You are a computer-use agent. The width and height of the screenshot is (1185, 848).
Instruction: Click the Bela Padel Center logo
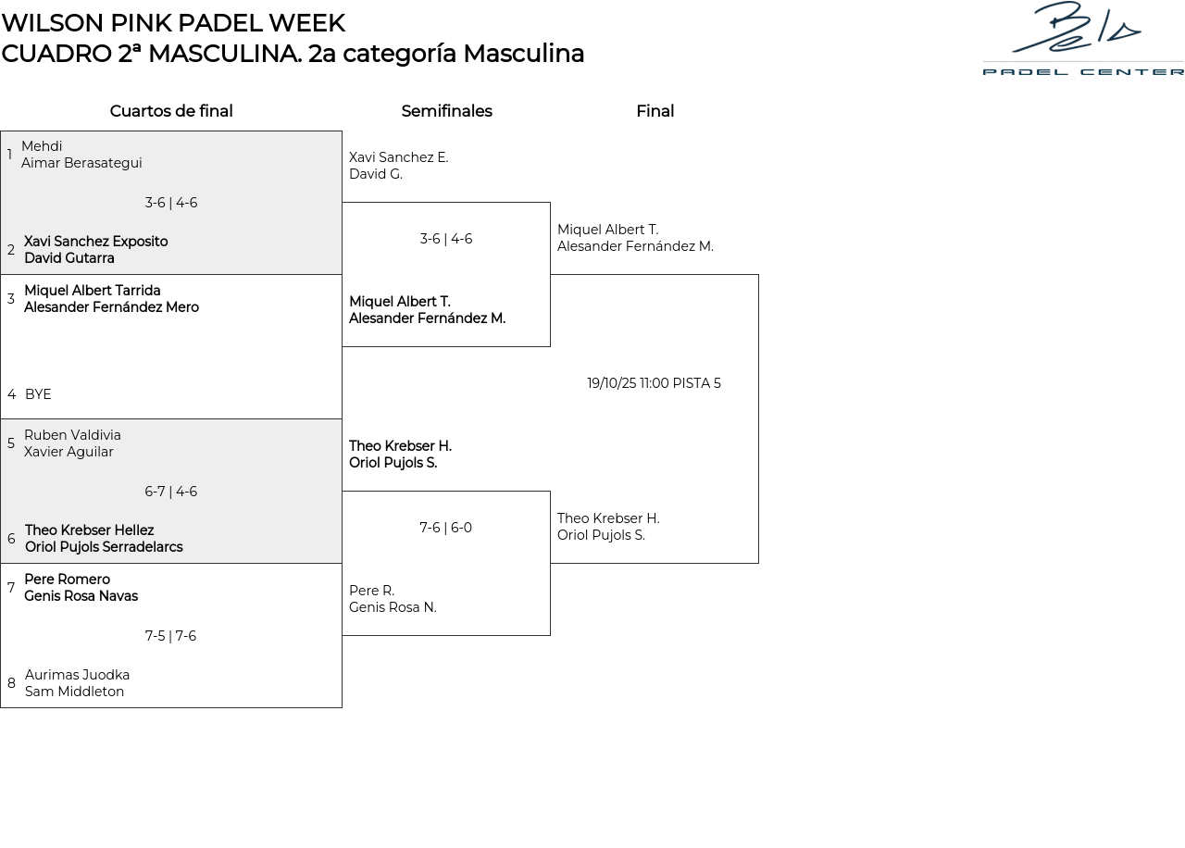pos(1082,39)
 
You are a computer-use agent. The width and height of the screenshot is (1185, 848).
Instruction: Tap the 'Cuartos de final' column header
pos(171,111)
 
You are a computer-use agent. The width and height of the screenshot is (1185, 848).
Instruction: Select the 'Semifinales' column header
pos(446,111)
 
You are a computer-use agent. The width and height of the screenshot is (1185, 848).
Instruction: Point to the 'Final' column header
pos(655,111)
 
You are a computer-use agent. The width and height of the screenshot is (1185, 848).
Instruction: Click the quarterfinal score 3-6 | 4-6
pos(171,203)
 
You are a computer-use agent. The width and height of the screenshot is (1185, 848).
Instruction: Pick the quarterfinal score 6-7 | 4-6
pos(171,492)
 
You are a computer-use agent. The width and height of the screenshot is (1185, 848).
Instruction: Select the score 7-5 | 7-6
pos(171,636)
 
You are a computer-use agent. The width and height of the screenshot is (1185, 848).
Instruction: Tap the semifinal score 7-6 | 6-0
pos(445,528)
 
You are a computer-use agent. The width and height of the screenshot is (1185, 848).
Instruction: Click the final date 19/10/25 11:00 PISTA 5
pos(654,383)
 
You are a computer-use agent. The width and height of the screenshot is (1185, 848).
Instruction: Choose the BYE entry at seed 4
pos(38,394)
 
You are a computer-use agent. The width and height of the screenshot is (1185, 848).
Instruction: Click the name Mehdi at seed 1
pos(42,146)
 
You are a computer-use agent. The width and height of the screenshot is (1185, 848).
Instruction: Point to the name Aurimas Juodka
pos(77,675)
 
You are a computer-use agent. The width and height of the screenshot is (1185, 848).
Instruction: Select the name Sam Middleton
pos(74,692)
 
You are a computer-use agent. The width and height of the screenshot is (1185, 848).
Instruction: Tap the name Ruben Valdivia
pos(72,435)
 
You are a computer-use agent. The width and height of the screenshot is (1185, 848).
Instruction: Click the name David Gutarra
pos(69,258)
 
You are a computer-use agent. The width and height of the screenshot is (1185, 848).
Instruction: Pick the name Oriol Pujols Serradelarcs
pos(104,547)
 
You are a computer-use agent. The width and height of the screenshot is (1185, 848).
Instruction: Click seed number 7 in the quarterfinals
pos(11,588)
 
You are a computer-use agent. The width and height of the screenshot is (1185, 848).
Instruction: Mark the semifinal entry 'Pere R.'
pos(371,591)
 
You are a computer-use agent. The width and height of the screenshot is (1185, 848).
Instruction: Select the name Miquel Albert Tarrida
pos(93,291)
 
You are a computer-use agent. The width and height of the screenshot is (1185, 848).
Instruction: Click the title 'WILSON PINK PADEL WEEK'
pos(173,23)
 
